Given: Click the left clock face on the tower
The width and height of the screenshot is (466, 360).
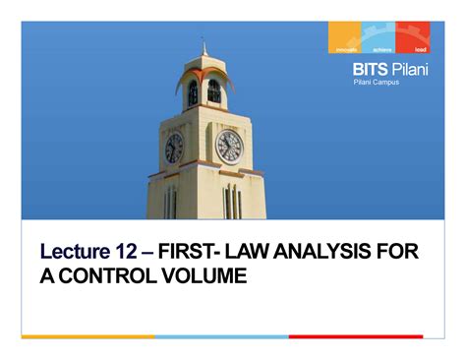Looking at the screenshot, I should point(174,148).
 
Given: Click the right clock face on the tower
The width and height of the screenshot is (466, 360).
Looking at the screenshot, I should point(229,146).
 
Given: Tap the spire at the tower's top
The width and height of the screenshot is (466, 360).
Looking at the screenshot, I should point(204,46).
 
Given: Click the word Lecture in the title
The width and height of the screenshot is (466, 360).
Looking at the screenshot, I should point(77,254).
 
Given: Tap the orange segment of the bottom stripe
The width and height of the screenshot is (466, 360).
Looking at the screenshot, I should point(87,336).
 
